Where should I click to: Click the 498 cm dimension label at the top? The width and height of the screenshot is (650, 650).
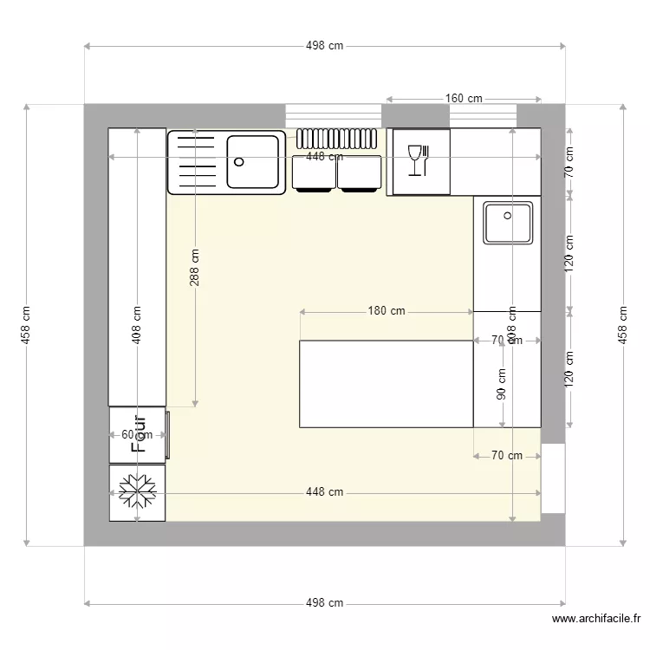point(324,47)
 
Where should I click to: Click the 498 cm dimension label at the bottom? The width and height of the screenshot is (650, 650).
point(324,603)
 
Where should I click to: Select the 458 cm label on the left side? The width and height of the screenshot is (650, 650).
point(26,325)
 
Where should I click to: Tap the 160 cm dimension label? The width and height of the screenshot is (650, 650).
point(464,99)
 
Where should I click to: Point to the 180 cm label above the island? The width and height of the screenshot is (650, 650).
point(387,311)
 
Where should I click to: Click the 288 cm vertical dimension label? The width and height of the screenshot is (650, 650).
point(195,268)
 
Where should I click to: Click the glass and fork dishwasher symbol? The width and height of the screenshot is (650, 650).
point(418,160)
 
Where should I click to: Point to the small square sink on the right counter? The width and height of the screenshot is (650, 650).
point(508,224)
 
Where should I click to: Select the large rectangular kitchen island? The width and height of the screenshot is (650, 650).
point(386,384)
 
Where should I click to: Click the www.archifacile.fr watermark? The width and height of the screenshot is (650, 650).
point(596,619)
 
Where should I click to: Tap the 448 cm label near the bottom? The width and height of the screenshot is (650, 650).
point(324,492)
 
